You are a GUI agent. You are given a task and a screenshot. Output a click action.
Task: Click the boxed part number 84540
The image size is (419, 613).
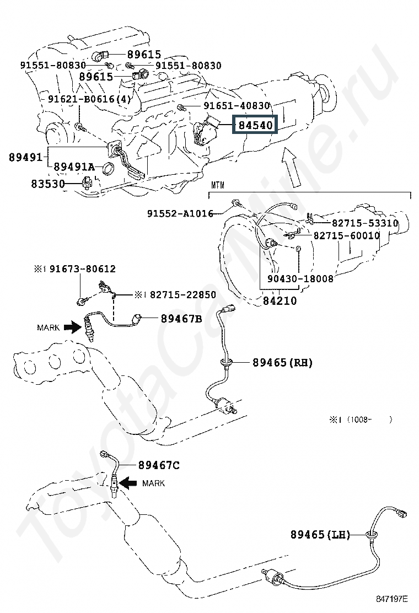(x=255, y=126)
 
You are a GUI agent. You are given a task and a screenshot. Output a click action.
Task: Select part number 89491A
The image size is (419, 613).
(x=74, y=167)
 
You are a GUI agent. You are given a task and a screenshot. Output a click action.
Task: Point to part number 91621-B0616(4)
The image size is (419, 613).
(x=90, y=99)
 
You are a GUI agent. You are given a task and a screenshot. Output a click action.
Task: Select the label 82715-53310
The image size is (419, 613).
(x=364, y=223)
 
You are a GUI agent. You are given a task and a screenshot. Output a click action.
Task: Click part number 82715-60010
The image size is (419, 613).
(x=347, y=235)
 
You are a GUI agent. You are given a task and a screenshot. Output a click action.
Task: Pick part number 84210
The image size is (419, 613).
(x=279, y=301)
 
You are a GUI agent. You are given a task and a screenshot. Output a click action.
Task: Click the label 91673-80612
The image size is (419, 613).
(x=82, y=269)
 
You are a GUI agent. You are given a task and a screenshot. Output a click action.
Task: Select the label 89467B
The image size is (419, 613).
(x=181, y=319)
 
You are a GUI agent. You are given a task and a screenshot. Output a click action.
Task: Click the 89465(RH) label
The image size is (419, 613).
(x=282, y=363)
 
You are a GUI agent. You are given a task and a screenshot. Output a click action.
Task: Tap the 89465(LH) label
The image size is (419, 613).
(x=320, y=534)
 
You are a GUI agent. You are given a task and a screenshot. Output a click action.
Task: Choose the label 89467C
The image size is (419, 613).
(x=159, y=466)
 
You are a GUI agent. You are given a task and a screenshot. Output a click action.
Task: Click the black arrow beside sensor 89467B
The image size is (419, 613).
(x=71, y=327)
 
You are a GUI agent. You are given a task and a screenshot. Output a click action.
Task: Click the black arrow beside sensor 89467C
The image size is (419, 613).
(x=129, y=483)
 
